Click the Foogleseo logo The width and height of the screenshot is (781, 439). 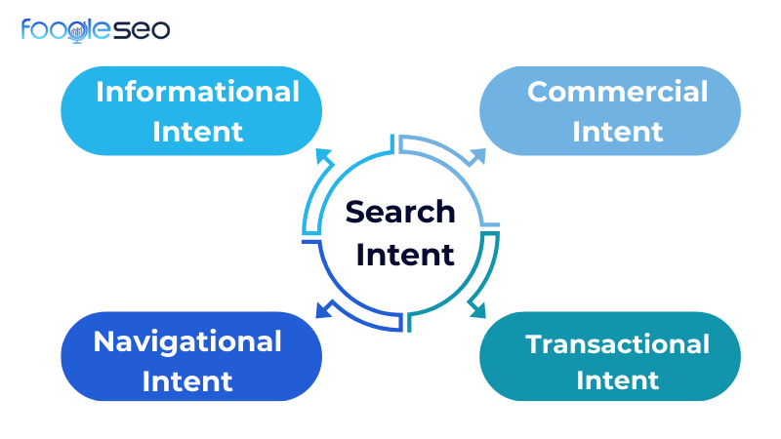tap(95, 29)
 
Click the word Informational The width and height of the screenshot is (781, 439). tap(197, 92)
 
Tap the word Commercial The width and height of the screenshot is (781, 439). tap(617, 92)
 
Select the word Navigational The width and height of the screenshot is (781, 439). tap(187, 341)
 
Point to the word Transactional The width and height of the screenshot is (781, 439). tap(617, 343)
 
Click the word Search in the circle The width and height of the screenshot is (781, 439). tap(400, 211)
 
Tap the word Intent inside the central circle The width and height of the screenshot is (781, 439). tap(404, 255)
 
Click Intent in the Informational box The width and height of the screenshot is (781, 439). tap(197, 130)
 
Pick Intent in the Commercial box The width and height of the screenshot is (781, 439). tap(617, 130)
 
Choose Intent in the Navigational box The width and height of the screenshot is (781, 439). tap(187, 380)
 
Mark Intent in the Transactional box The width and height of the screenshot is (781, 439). tap(617, 380)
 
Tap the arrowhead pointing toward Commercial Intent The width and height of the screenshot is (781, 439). tap(478, 154)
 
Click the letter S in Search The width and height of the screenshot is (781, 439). tap(355, 212)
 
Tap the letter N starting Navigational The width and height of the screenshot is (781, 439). tap(103, 341)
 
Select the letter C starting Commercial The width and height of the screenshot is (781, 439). tap(538, 92)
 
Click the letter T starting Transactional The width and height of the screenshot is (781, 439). tap(534, 343)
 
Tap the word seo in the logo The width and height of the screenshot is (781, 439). tap(143, 29)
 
